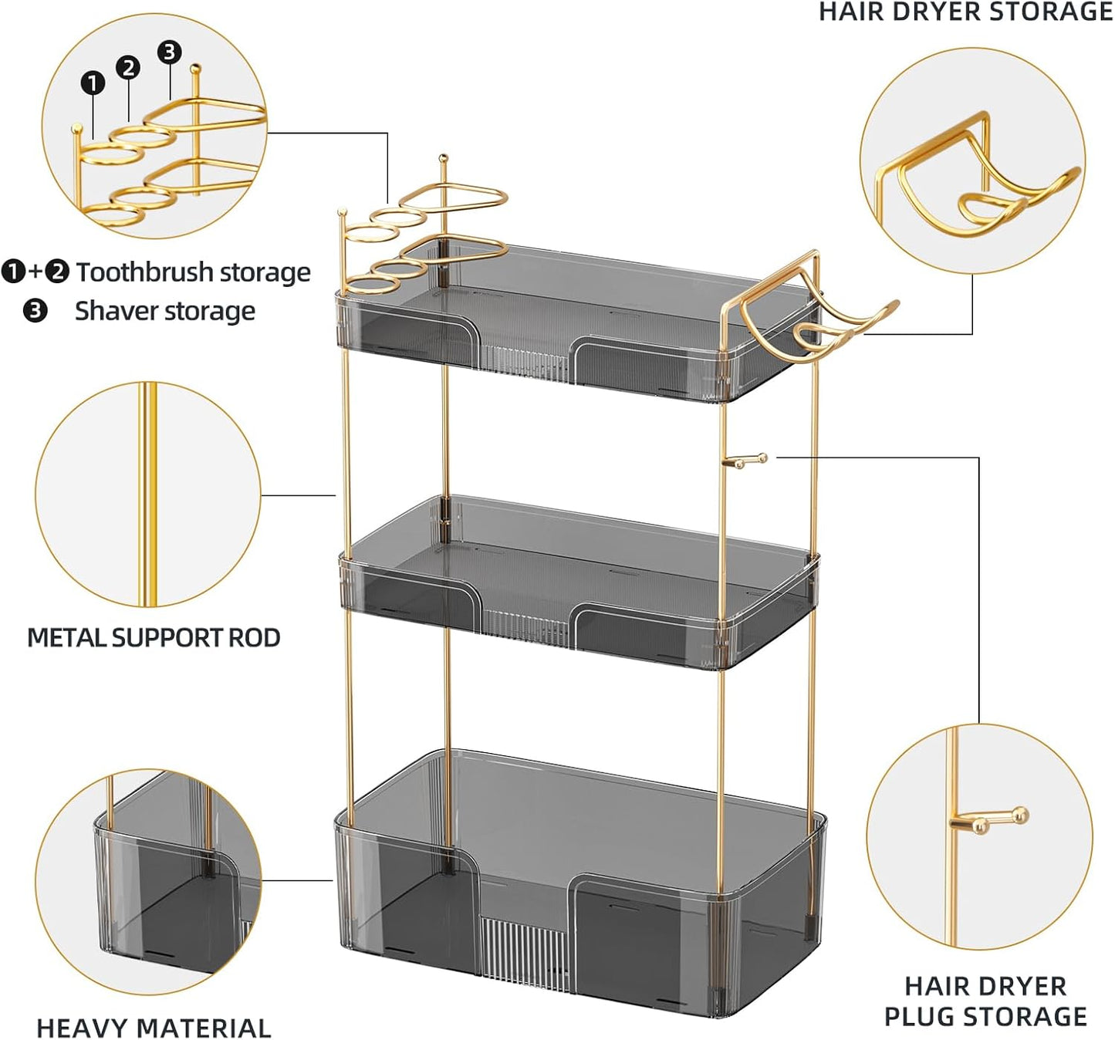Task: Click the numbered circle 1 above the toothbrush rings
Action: (x=93, y=83)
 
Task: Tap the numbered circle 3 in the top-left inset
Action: (x=169, y=52)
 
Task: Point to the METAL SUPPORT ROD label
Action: (x=154, y=638)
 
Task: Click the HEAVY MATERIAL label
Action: (x=154, y=1028)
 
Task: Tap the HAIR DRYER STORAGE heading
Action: (x=965, y=12)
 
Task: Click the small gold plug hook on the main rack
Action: (x=745, y=461)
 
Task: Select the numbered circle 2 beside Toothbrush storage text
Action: (x=57, y=272)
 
